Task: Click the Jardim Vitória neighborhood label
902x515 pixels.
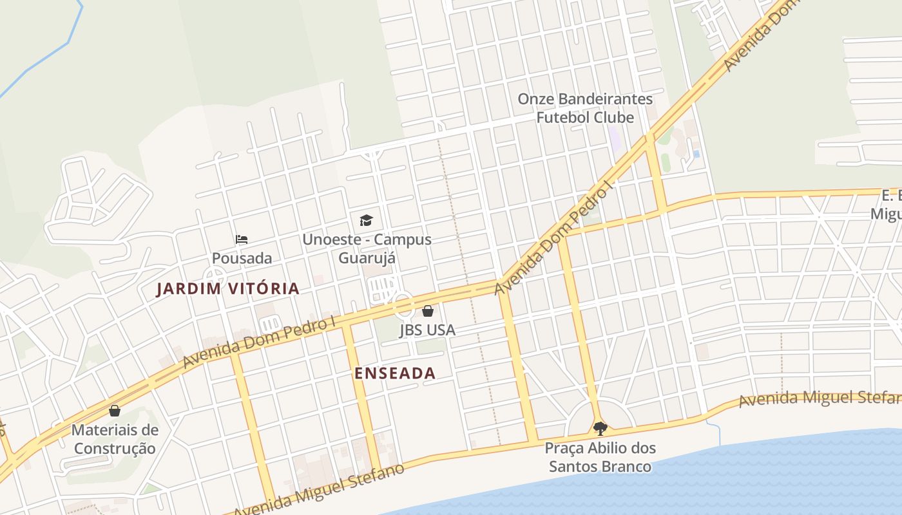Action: [228, 289]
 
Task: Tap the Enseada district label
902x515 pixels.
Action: [395, 373]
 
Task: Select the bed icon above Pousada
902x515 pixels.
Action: [242, 239]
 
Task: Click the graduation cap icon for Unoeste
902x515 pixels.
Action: [366, 220]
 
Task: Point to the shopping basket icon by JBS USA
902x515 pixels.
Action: [428, 312]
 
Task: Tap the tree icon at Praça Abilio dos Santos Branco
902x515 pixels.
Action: [600, 428]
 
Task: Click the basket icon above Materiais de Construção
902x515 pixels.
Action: [115, 411]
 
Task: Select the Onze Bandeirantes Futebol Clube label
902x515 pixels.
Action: [585, 108]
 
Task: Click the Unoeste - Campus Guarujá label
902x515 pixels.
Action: [367, 248]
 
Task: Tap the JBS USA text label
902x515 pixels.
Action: [427, 330]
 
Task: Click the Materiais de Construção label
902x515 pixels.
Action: [115, 439]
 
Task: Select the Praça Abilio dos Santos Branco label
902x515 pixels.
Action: [600, 456]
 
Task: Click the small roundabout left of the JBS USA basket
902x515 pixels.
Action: [403, 305]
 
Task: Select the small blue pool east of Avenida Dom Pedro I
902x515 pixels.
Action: [696, 154]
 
